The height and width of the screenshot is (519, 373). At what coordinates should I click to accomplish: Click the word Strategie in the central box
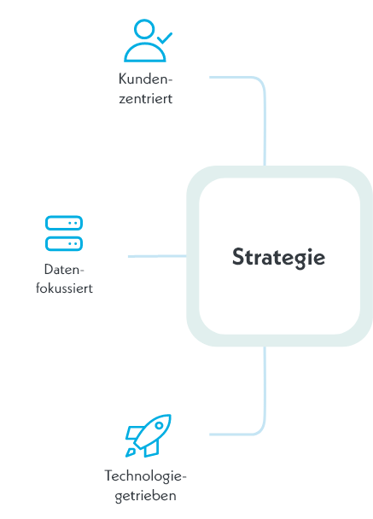278,258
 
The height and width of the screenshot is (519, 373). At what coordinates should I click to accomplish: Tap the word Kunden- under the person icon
146,79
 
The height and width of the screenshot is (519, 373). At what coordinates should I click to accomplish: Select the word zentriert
146,99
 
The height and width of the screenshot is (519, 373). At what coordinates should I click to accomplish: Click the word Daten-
64,270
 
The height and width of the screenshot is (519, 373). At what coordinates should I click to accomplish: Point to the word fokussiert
64,288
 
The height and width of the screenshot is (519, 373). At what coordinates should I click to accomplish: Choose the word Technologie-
146,476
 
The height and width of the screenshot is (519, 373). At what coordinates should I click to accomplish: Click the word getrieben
146,496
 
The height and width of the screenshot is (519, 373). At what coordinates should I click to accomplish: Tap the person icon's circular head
144,29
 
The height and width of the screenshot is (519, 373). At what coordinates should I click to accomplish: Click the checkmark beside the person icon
165,38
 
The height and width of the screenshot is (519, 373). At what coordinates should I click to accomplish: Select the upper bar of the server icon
64,223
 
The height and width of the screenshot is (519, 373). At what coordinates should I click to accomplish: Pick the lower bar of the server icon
64,243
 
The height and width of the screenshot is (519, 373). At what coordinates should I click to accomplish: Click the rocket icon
148,436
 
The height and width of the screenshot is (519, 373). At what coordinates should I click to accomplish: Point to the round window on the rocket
160,425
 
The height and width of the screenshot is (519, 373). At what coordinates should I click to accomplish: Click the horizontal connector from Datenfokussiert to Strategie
157,256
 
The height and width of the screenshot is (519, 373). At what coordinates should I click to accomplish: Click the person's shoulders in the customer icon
144,54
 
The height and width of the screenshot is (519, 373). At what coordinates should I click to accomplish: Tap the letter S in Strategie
238,257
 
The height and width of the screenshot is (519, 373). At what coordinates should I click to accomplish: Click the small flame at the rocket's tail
130,452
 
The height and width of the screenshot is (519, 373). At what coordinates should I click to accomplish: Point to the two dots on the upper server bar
73,223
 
